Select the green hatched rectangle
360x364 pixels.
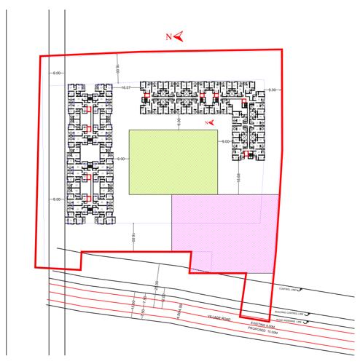pyautogui.click(x=173, y=162)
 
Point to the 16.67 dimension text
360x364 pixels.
pyautogui.click(x=125, y=88)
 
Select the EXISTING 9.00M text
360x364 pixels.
pyautogui.click(x=263, y=322)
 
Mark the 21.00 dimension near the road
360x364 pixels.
pyautogui.click(x=154, y=285)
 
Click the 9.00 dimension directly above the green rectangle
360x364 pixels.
pyautogui.click(x=179, y=125)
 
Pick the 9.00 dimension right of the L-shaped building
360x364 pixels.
pyautogui.click(x=272, y=90)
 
